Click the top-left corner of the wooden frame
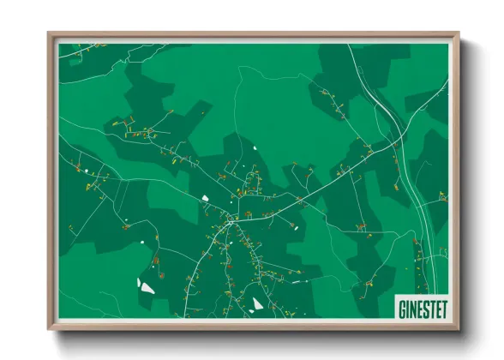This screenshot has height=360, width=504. tap(49, 33)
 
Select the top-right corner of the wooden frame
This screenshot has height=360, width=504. tap(459, 33)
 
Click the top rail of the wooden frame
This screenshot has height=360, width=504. tap(254, 35)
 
